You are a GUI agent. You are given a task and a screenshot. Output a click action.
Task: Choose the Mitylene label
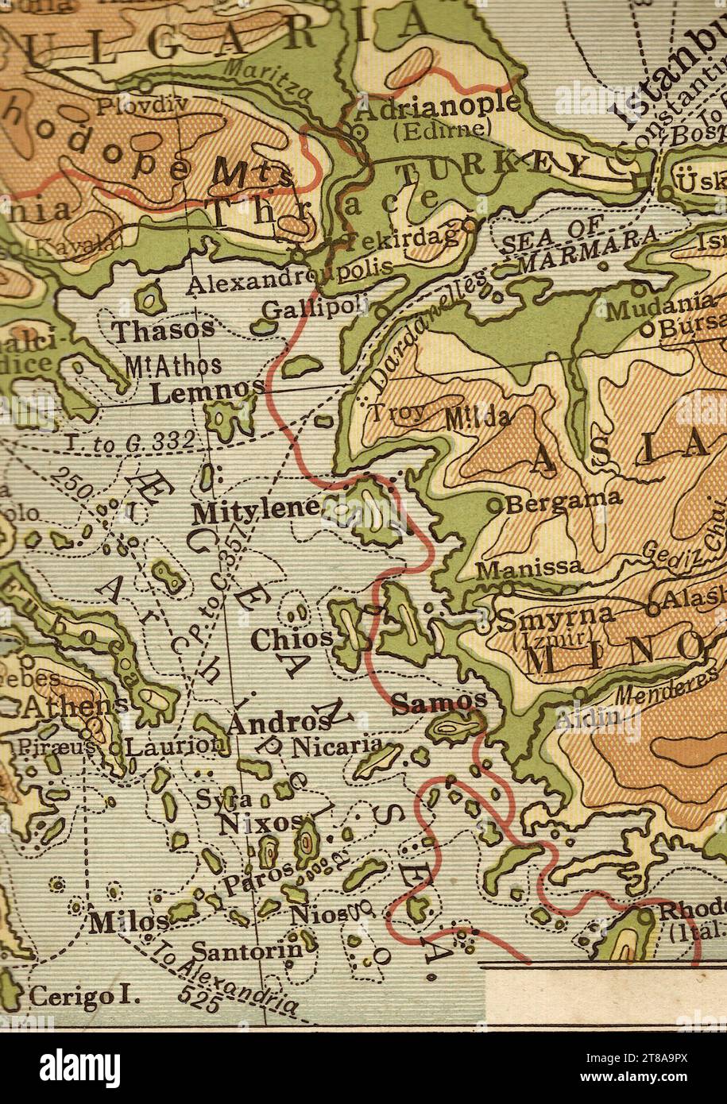pos(256,511)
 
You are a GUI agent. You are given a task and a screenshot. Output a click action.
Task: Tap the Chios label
pos(292,639)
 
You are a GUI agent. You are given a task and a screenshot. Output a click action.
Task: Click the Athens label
pos(75,704)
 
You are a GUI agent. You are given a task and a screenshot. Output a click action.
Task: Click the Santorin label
pos(247,949)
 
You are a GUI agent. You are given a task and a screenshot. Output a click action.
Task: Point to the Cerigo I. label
pos(83,995)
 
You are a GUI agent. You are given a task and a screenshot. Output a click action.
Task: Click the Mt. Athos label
pos(173,366)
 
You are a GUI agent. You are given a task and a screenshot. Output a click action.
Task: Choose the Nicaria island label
pos(337,747)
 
